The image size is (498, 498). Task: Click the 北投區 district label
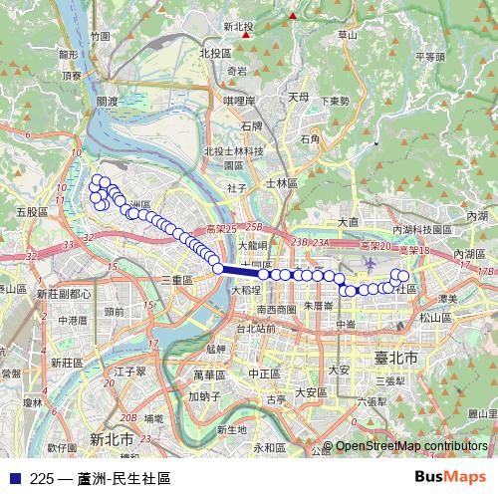[215, 53]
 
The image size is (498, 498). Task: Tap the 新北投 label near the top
[240, 28]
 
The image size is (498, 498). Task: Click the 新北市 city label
[112, 438]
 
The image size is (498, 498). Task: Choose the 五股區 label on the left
[33, 212]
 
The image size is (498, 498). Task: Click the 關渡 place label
[107, 102]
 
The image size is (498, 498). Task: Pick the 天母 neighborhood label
[298, 98]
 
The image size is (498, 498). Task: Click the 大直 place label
[348, 222]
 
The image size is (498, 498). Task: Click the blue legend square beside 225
[13, 478]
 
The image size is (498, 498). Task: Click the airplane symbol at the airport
[371, 263]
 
